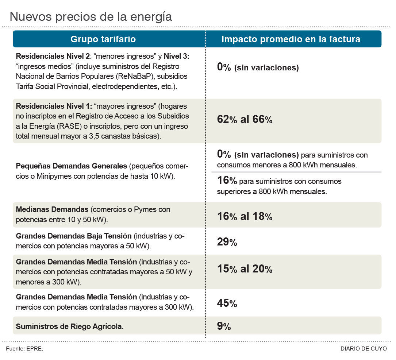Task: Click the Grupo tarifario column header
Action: (103, 39)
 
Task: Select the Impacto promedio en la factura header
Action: (291, 39)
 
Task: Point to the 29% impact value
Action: (227, 242)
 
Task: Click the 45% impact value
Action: (227, 303)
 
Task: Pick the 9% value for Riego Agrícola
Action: (224, 326)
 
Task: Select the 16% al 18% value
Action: (245, 216)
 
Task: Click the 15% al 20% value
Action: (245, 269)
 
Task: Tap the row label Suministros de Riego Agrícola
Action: (70, 326)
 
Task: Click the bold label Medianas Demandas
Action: (52, 210)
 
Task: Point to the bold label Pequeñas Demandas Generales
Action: (71, 166)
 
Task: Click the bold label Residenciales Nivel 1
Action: (54, 107)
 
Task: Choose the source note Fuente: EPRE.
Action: (24, 349)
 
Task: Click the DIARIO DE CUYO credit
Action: (363, 349)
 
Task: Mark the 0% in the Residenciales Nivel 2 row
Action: (224, 67)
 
